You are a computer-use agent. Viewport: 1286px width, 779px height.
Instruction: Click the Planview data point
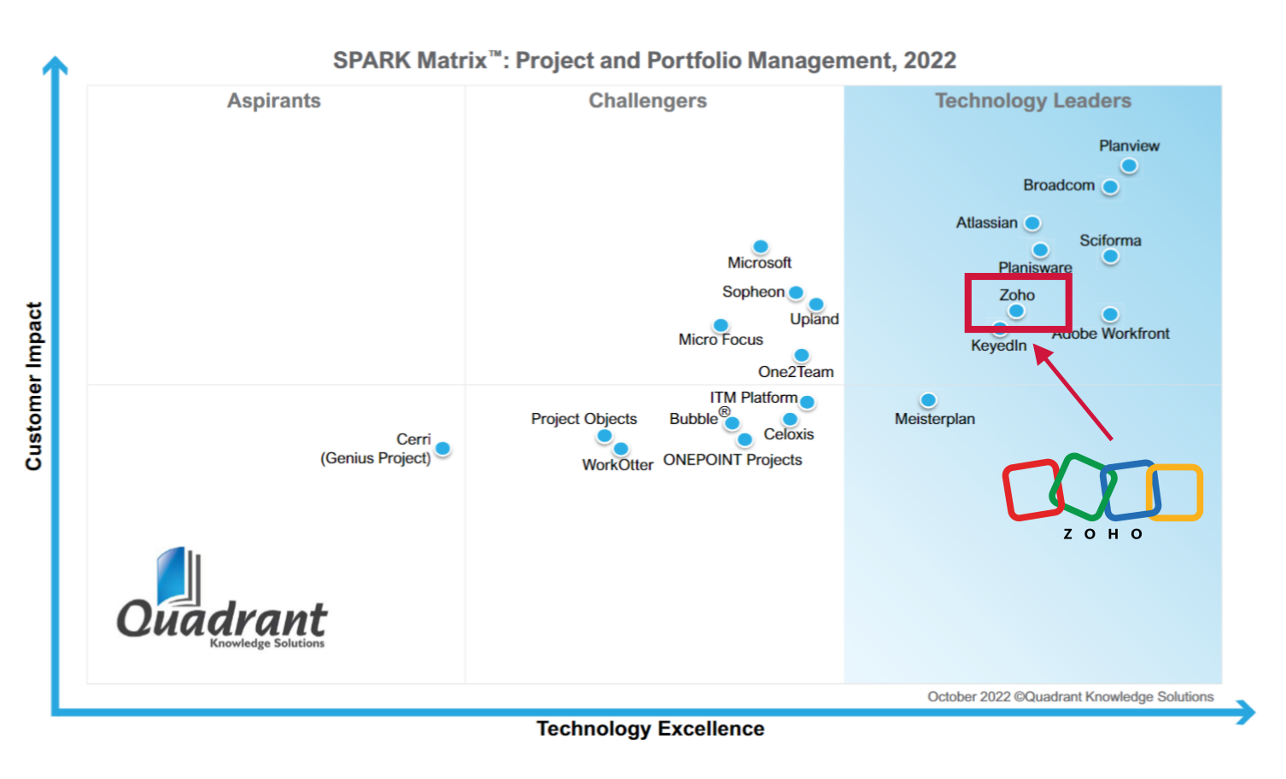tap(1129, 166)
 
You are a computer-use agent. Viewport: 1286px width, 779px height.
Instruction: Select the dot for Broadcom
tap(1110, 187)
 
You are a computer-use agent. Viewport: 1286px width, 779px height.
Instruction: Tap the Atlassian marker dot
tap(1032, 224)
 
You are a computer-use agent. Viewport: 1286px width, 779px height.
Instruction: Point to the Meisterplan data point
tap(928, 400)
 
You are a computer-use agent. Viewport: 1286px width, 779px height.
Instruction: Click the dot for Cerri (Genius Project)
tap(442, 448)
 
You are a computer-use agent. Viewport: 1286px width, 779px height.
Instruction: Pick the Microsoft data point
tap(761, 247)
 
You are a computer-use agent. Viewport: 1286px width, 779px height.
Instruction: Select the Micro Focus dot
tap(721, 325)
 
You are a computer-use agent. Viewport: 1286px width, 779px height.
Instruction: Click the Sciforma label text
tap(1110, 241)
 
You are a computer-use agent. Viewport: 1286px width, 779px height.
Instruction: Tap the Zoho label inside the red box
tap(1017, 295)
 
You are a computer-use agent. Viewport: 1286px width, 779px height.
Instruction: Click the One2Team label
tap(796, 372)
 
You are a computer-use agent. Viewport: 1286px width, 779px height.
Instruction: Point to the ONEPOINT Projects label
tap(733, 460)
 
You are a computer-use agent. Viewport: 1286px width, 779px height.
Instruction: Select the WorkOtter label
tap(617, 465)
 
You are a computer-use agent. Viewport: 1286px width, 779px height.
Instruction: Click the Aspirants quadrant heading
tap(274, 101)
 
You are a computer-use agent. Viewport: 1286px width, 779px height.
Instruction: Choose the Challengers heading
tap(648, 101)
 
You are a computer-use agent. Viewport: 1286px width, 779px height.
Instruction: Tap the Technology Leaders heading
tap(1033, 101)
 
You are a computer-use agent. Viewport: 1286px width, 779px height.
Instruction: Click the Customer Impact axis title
tap(33, 386)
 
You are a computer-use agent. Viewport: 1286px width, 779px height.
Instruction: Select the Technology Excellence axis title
tap(651, 729)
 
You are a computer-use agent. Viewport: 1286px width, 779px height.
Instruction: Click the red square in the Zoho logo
tap(1032, 491)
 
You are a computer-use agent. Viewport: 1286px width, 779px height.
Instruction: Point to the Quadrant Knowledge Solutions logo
tap(222, 602)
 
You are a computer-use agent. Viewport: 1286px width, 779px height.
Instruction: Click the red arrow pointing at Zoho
tap(1074, 393)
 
